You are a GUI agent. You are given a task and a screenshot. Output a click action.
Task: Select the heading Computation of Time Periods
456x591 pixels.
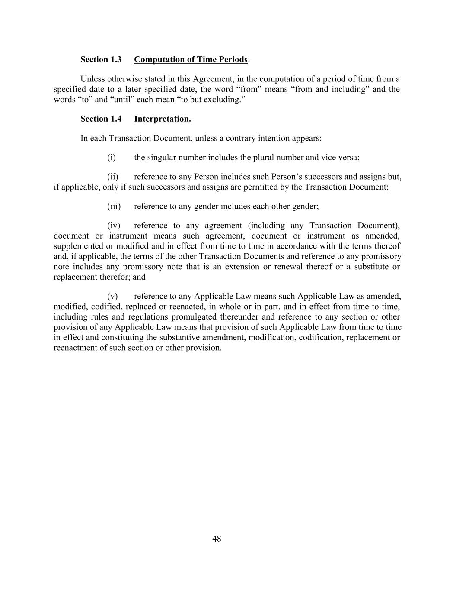191,59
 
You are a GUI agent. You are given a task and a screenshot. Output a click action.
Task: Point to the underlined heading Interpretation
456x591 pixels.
161,119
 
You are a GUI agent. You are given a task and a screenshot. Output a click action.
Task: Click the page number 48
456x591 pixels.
217,539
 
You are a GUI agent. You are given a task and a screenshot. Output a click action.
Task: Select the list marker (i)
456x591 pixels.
112,157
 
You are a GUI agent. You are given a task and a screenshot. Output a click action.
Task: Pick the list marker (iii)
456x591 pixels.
114,206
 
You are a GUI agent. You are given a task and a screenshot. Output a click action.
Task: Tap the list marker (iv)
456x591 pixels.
113,225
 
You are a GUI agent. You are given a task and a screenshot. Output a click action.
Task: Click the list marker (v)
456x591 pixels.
112,296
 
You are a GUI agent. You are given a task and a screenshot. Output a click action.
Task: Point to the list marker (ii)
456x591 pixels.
113,177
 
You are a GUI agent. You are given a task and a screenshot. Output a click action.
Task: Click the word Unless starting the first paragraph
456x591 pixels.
92,79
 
